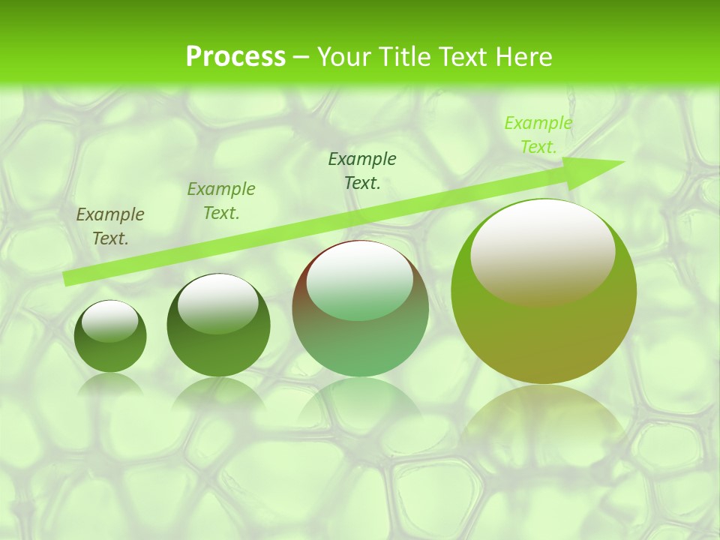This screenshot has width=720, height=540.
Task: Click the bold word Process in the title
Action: click(x=235, y=57)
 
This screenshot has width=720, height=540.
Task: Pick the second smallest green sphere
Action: click(x=218, y=345)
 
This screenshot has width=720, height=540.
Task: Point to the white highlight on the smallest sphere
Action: click(x=110, y=321)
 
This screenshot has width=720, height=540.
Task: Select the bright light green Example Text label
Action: click(x=538, y=135)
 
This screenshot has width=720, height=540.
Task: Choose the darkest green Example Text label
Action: click(x=362, y=170)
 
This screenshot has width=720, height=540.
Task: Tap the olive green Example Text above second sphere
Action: click(x=221, y=201)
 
